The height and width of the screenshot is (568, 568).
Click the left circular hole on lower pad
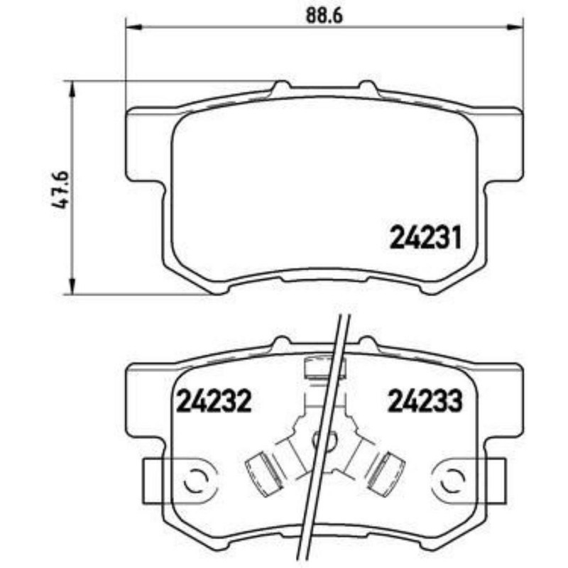point(194,481)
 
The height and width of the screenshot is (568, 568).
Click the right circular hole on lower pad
point(451,481)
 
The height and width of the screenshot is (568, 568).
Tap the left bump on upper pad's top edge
point(282,87)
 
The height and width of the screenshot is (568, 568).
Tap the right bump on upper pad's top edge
point(367,87)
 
